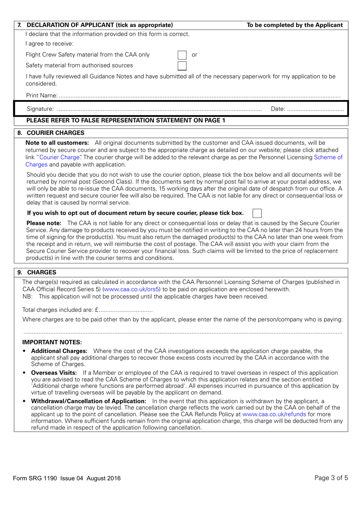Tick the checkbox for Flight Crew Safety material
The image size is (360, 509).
point(182,55)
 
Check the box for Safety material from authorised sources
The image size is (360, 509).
point(182,66)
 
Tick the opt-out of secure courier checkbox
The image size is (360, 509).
point(257,213)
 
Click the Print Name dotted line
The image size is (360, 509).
point(199,96)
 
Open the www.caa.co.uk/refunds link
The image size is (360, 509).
point(274,414)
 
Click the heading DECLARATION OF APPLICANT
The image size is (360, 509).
point(100,25)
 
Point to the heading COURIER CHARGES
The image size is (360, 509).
point(55,133)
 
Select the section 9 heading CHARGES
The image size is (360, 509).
point(42,273)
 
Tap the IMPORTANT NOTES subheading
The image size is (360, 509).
point(52,342)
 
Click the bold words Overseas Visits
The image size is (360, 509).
point(54,373)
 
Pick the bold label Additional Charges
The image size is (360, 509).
point(59,351)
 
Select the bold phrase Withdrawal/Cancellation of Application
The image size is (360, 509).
point(88,401)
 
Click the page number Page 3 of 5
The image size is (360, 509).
point(331,478)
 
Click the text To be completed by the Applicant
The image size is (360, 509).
point(294,25)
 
